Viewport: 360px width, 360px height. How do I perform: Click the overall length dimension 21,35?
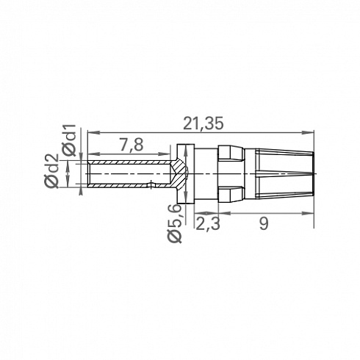pyautogui.click(x=204, y=123)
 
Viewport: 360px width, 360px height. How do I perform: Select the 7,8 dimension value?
pyautogui.click(x=132, y=145)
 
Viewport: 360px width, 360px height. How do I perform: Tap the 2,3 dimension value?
pyautogui.click(x=208, y=223)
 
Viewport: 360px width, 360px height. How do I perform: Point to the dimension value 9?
pyautogui.click(x=264, y=223)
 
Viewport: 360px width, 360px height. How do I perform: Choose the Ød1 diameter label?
pyautogui.click(x=70, y=140)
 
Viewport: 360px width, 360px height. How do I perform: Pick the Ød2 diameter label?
pyautogui.click(x=51, y=171)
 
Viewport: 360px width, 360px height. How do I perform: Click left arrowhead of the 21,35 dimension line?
pyautogui.click(x=91, y=132)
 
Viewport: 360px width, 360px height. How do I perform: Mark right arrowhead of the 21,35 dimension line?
pyautogui.click(x=310, y=132)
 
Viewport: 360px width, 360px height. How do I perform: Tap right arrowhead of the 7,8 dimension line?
pyautogui.click(x=166, y=154)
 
